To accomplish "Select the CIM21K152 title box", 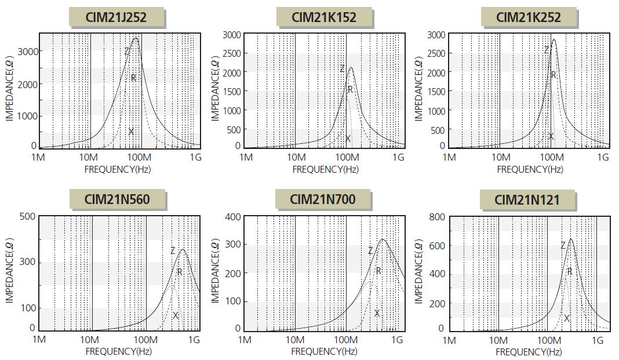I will coord(324,17).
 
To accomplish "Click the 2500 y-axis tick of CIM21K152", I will coord(231,54).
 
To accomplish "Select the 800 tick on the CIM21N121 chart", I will coord(437,217).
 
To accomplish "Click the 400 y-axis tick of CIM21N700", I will coord(233,217).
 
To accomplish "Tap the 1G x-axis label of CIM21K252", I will coord(603,158).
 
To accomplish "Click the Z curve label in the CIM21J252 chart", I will coord(127,51).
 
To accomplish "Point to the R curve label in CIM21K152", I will coord(350,89).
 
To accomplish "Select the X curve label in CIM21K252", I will coord(551,136).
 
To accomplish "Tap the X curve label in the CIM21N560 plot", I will coord(176,315).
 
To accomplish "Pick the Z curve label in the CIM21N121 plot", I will coord(563,246).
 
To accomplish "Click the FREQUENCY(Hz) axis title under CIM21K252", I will coord(530,169).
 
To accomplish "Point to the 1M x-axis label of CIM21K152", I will coord(246,158).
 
